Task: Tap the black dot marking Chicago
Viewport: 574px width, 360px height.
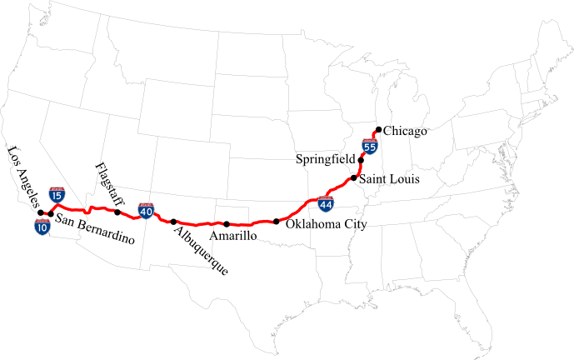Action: [379, 129]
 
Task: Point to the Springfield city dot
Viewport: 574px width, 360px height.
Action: [361, 159]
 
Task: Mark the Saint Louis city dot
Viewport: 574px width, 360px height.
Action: [354, 178]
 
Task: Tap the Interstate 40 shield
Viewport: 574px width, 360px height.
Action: [147, 208]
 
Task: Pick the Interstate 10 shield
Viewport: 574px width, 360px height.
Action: [42, 226]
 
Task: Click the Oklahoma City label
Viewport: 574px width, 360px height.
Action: [326, 224]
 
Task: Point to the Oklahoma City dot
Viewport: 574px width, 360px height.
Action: [276, 222]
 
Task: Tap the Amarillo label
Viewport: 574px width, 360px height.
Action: [232, 237]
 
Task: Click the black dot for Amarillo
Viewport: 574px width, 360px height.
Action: [226, 223]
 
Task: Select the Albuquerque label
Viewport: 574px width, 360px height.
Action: [202, 249]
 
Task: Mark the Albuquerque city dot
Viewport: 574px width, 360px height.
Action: [173, 222]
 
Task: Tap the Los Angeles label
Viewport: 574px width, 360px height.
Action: [22, 176]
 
